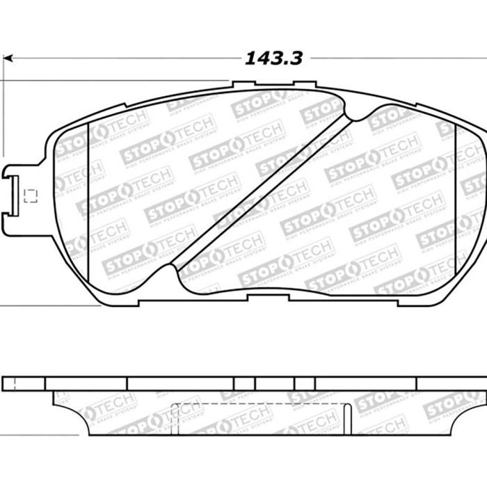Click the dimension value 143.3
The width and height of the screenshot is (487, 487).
tap(273, 58)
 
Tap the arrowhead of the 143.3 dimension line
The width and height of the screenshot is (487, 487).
tap(8, 58)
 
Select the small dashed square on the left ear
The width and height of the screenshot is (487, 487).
tap(30, 195)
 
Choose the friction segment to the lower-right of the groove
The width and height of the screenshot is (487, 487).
tap(348, 223)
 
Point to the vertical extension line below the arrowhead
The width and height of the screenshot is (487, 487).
tap(3, 111)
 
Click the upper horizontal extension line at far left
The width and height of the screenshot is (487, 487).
tap(104, 80)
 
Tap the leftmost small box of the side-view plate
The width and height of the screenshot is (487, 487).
tap(23, 383)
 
